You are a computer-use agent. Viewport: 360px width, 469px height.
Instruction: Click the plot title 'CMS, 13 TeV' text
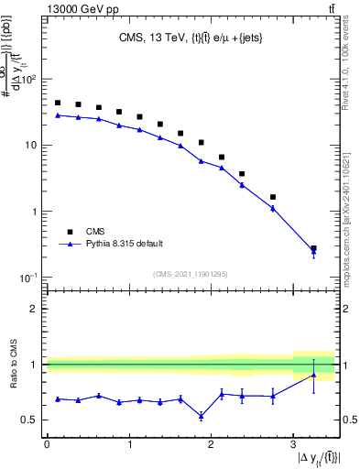pos(151,38)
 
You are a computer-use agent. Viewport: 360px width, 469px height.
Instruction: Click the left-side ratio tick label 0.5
pos(29,420)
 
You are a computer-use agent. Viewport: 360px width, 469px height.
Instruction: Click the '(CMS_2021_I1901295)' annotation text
pos(191,274)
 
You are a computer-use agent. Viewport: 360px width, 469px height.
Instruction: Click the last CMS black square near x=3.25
pos(313,248)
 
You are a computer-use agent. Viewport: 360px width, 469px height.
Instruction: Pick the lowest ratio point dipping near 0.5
pos(201,416)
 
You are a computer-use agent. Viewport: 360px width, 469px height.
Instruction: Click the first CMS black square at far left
pos(58,103)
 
